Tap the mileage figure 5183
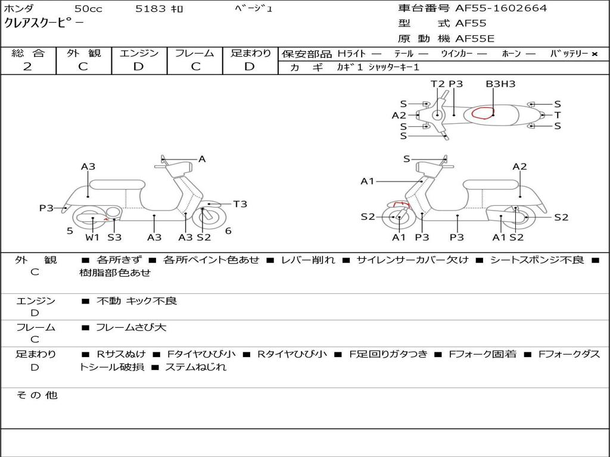pos(151,9)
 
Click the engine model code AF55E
pos(475,39)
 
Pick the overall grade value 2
pos(27,67)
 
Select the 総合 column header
pos(27,54)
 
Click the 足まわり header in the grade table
pos(250,54)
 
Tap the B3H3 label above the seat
pos(500,84)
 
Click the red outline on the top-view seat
pos(483,113)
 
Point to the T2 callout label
pos(438,84)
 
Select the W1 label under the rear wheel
pos(92,237)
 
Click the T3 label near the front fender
pos(240,204)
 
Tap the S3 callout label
pos(114,237)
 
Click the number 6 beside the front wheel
pos(228,231)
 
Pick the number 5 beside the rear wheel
pos(70,231)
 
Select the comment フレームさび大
pos(131,327)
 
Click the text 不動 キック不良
pos(136,301)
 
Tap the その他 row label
pos(36,395)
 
